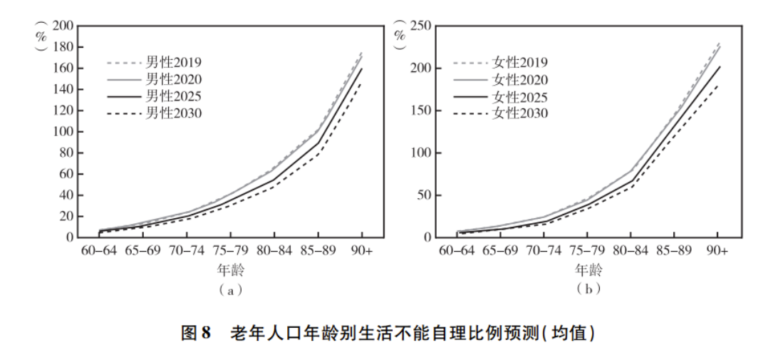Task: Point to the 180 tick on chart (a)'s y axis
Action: (x=65, y=48)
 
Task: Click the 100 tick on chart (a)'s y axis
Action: (x=65, y=132)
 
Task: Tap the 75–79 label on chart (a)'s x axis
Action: (x=230, y=252)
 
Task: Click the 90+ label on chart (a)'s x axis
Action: (x=362, y=252)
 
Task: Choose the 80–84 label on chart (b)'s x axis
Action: (x=630, y=252)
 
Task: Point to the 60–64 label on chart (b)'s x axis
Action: (x=455, y=252)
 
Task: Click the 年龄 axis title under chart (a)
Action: (x=230, y=271)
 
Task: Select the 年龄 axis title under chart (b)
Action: (x=586, y=271)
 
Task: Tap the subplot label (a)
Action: (x=230, y=289)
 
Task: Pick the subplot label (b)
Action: (x=586, y=289)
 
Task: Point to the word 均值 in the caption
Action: (x=568, y=332)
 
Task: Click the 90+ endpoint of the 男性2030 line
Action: (x=362, y=83)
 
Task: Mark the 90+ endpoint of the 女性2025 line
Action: (x=718, y=67)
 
